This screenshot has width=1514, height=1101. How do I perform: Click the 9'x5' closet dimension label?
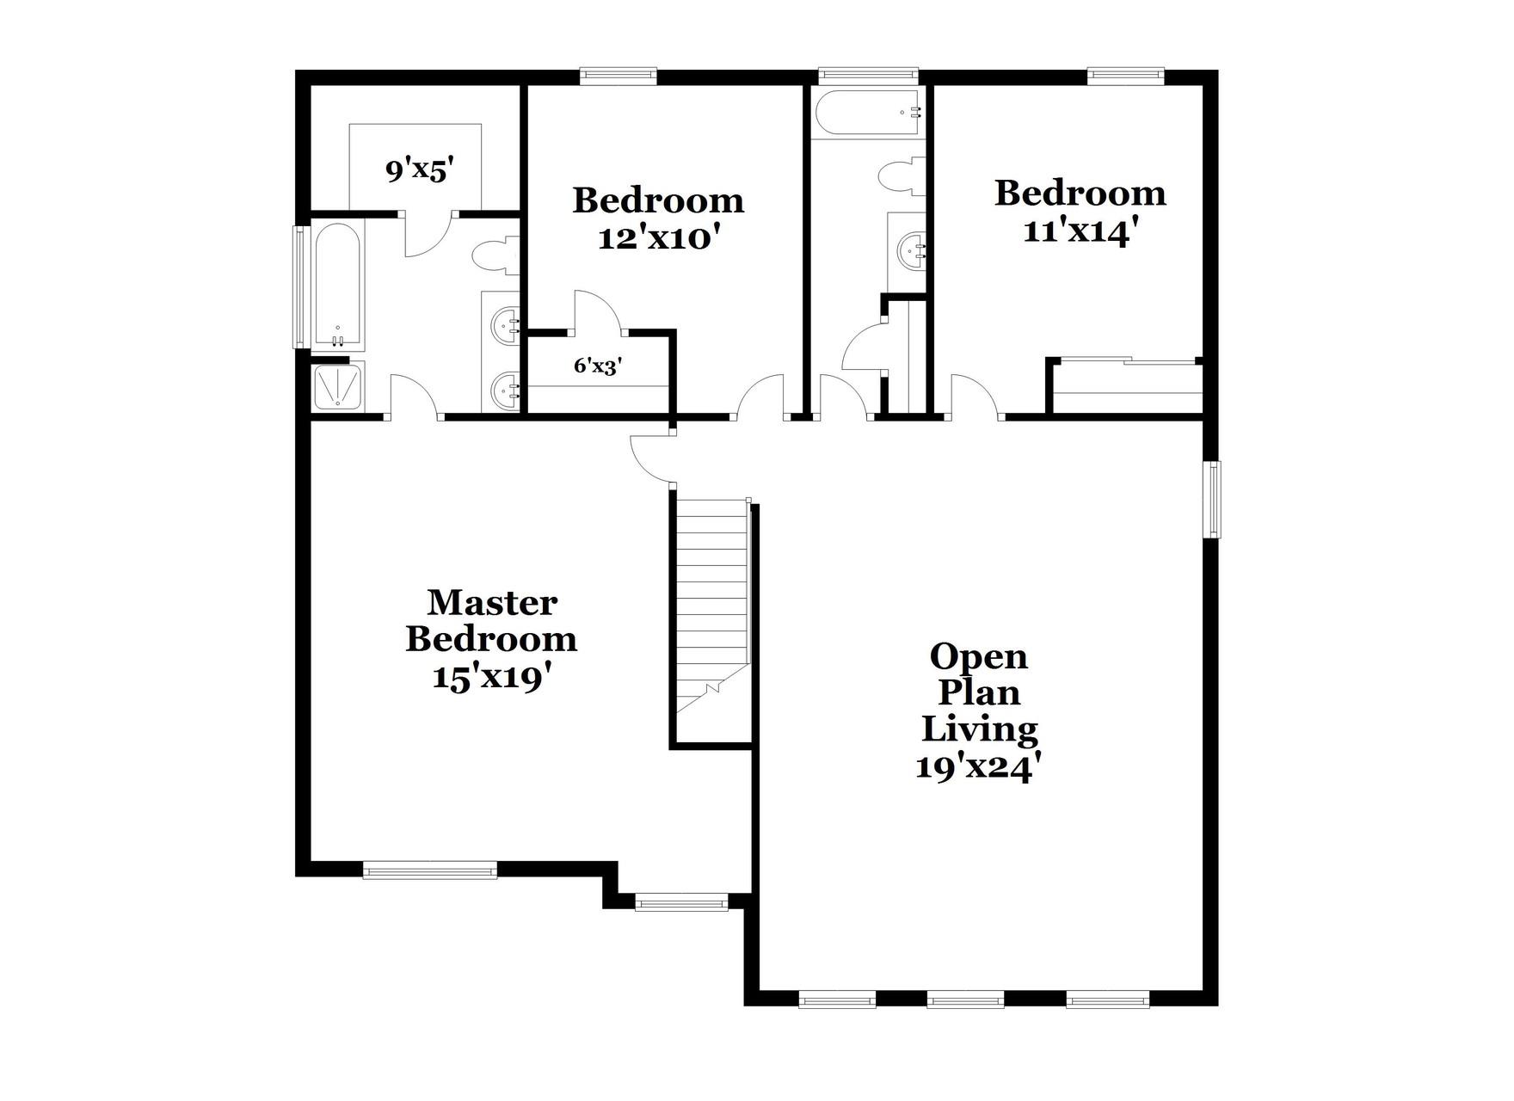click(x=419, y=170)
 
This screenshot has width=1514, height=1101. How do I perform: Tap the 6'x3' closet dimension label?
click(x=598, y=366)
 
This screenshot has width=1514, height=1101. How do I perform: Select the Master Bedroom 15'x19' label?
click(x=491, y=639)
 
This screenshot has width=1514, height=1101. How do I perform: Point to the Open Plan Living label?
click(x=980, y=710)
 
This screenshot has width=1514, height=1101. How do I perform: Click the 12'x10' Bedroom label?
click(x=658, y=218)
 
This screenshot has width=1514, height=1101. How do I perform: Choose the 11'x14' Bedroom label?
click(x=1080, y=211)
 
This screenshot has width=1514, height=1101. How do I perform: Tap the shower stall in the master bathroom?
click(x=338, y=386)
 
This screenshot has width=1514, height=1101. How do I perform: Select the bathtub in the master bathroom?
click(x=338, y=286)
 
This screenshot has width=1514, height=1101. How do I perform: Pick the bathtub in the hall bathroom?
click(x=869, y=112)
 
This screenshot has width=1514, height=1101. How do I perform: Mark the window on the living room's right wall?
click(x=1213, y=499)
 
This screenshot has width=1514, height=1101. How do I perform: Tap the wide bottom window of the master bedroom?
click(x=430, y=871)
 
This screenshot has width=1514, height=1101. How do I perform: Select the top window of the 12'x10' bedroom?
click(x=619, y=76)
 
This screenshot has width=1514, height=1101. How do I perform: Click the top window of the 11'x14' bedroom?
click(x=1126, y=76)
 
